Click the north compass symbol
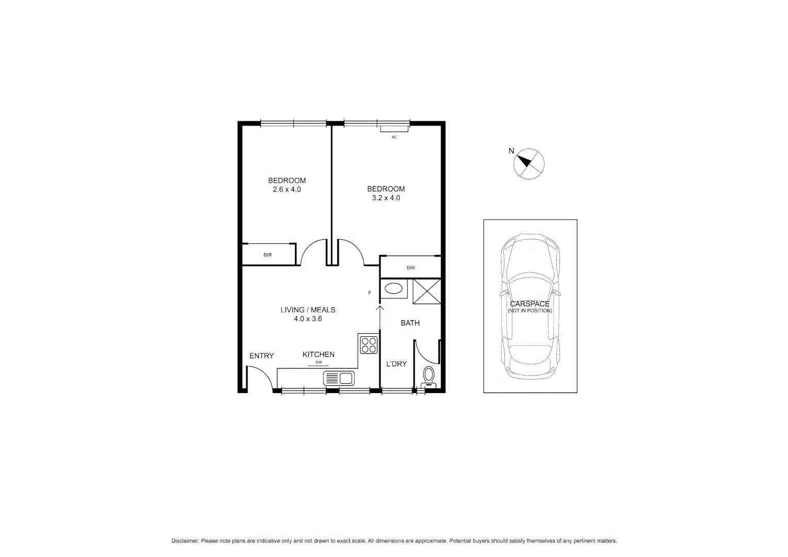pyautogui.click(x=529, y=163)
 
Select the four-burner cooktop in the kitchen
pyautogui.click(x=368, y=345)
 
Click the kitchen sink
pyautogui.click(x=338, y=379)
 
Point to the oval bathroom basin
pyautogui.click(x=394, y=288)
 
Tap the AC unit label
pyautogui.click(x=394, y=137)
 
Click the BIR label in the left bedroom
pyautogui.click(x=268, y=255)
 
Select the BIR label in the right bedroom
pyautogui.click(x=411, y=268)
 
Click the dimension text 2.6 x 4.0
pyautogui.click(x=287, y=189)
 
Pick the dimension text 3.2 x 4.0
pyautogui.click(x=386, y=198)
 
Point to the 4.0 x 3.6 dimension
pyautogui.click(x=308, y=319)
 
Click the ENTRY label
pyautogui.click(x=261, y=356)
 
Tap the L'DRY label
pyautogui.click(x=397, y=364)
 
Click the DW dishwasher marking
pyautogui.click(x=319, y=363)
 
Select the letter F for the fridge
pyautogui.click(x=369, y=293)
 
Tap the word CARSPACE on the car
pyautogui.click(x=530, y=304)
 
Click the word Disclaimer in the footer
pyautogui.click(x=185, y=541)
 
